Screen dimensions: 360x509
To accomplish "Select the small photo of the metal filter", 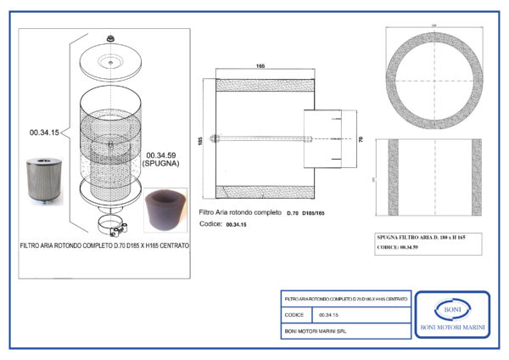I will (42, 179).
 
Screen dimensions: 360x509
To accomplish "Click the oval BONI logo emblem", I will (450, 310).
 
